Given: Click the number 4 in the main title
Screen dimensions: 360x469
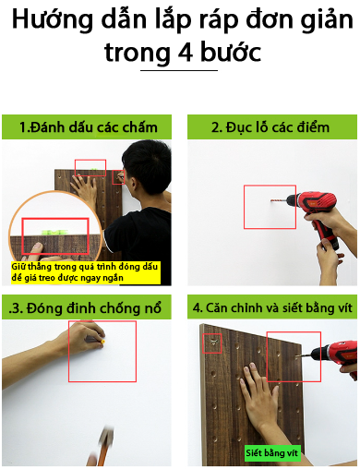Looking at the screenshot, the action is (x=186, y=53).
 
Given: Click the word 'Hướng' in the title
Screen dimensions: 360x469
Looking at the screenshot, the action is (x=52, y=20).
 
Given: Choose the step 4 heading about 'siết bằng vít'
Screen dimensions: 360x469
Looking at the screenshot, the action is (x=272, y=307).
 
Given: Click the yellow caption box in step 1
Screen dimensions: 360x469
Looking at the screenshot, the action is (x=86, y=272).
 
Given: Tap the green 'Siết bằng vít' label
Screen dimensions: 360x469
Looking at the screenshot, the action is (x=272, y=453).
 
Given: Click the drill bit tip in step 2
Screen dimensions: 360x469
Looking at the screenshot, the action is (x=271, y=201).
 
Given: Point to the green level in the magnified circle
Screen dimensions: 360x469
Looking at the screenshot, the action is (x=54, y=232).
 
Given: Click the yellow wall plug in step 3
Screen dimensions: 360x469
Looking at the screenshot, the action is (x=103, y=342).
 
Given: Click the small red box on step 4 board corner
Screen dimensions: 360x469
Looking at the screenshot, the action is (x=212, y=343).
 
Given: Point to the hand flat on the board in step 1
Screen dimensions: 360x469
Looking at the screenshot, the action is (x=85, y=187).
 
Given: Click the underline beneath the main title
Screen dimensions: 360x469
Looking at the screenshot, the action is (x=179, y=70).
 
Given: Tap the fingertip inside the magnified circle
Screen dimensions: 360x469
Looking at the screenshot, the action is (x=38, y=247).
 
